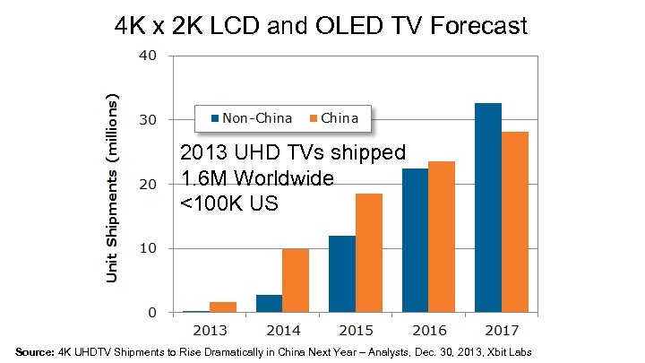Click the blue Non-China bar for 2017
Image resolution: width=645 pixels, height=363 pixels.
pos(488,208)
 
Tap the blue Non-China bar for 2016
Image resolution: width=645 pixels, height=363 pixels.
pos(415,240)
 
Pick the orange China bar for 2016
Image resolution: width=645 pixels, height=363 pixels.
pos(441,237)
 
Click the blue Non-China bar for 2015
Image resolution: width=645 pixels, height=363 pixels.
pos(342,273)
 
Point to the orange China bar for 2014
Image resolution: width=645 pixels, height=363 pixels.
pos(295,281)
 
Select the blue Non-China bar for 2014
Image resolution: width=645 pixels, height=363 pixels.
pos(269,303)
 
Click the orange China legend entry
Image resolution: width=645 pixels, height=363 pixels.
pos(333,117)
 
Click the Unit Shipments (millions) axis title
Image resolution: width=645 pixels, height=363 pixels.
pos(113,186)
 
